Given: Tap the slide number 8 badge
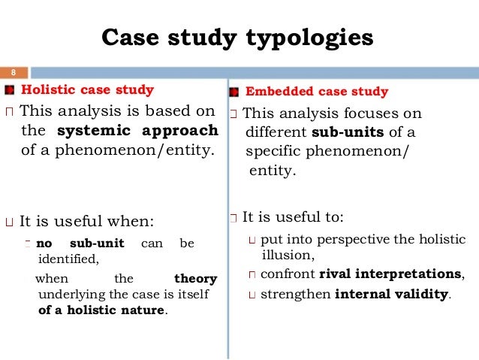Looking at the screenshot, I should [13, 73].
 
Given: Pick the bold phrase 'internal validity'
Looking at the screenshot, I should [391, 294].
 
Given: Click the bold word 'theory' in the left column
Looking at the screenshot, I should [195, 279].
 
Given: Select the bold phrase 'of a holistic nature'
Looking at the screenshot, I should [101, 310].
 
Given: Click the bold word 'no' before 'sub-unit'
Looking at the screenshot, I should [44, 244].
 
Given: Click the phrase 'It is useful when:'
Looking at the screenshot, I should [86, 222].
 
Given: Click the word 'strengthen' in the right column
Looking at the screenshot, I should [295, 294].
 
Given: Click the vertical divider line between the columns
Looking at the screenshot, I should [228, 225].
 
